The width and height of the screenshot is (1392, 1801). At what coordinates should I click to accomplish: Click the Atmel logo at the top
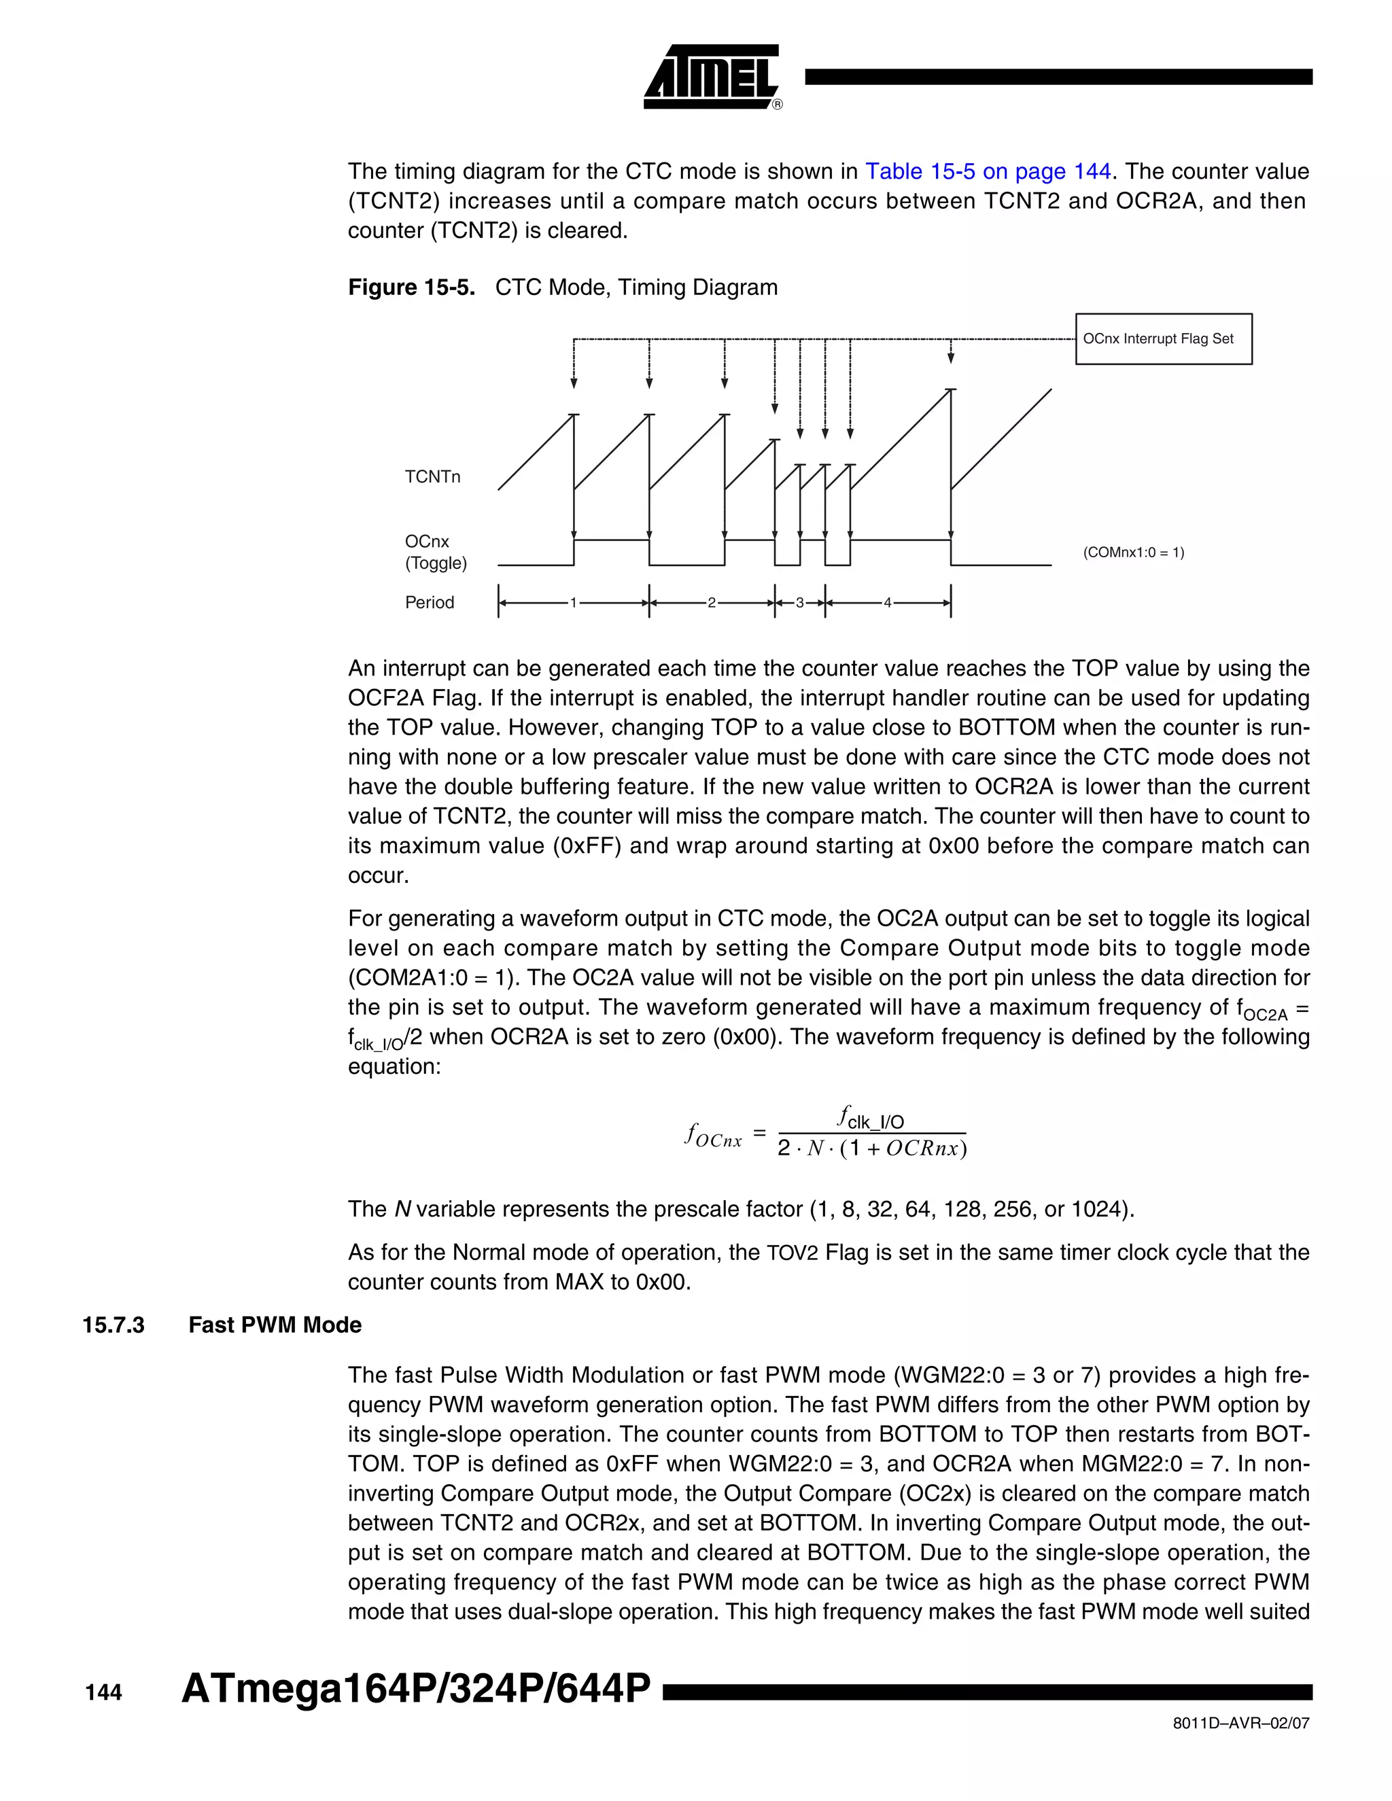pyautogui.click(x=711, y=77)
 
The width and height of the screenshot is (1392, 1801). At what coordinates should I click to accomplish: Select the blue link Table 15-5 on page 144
pyautogui.click(x=987, y=171)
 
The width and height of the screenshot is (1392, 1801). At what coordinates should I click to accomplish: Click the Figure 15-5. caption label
pyautogui.click(x=411, y=287)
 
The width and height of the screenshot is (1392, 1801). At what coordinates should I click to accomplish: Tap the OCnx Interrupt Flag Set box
pyautogui.click(x=1163, y=339)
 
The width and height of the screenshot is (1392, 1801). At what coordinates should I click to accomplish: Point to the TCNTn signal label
pyautogui.click(x=432, y=476)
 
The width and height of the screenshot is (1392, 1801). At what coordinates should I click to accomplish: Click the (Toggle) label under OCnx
pyautogui.click(x=436, y=563)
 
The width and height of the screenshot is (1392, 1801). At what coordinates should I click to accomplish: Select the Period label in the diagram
pyautogui.click(x=429, y=602)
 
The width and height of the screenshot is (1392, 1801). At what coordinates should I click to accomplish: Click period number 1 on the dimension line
pyautogui.click(x=574, y=603)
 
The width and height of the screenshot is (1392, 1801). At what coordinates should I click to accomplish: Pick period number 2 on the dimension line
pyautogui.click(x=712, y=603)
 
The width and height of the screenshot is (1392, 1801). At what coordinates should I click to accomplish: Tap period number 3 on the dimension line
pyautogui.click(x=799, y=603)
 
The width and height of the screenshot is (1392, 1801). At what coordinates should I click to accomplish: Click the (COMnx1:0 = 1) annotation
pyautogui.click(x=1133, y=553)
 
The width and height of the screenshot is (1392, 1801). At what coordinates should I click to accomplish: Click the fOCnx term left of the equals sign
pyautogui.click(x=713, y=1136)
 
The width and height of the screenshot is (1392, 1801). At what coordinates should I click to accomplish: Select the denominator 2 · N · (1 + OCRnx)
pyautogui.click(x=871, y=1149)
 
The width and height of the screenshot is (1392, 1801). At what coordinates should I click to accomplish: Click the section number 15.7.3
pyautogui.click(x=113, y=1325)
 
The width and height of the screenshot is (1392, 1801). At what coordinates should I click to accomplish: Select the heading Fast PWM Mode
pyautogui.click(x=275, y=1325)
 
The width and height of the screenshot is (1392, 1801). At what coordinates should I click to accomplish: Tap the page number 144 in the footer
pyautogui.click(x=103, y=1693)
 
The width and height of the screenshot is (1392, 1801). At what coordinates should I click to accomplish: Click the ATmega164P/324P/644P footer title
pyautogui.click(x=415, y=1689)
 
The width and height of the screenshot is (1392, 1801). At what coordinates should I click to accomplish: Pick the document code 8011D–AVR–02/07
pyautogui.click(x=1240, y=1724)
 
